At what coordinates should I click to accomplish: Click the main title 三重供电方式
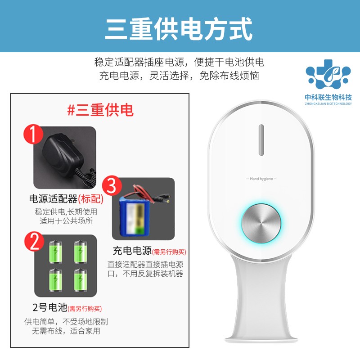179,29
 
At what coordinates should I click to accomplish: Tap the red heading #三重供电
100,110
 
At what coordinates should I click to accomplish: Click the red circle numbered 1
33,134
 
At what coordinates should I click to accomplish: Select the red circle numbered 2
35,241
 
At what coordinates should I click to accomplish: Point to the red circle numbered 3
112,185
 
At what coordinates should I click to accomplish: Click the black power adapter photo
65,157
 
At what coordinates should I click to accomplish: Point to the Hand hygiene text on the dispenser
261,179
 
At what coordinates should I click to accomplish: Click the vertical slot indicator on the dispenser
261,140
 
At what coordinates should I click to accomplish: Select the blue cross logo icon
328,74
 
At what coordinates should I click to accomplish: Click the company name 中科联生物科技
328,97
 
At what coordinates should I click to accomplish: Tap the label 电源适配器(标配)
66,199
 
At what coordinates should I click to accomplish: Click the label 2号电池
50,307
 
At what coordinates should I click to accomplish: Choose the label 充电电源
132,251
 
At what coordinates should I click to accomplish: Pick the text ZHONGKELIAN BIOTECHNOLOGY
328,104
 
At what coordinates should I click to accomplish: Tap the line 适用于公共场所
66,221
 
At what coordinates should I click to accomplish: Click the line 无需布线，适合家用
66,331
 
